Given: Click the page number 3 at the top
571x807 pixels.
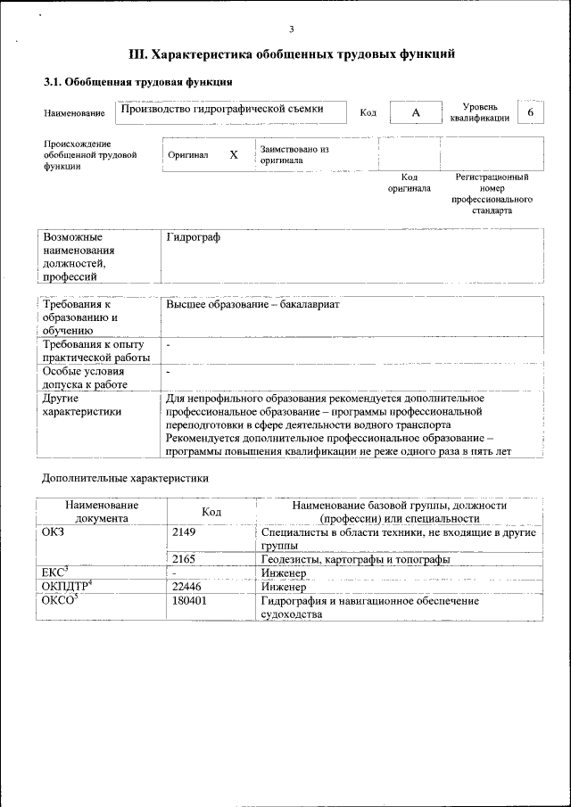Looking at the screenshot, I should (x=291, y=29).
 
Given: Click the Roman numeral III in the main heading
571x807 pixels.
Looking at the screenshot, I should (x=138, y=54).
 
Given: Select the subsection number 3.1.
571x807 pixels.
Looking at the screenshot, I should (x=54, y=82).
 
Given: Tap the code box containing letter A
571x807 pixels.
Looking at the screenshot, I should (x=415, y=113).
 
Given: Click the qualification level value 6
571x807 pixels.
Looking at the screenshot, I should (x=531, y=112).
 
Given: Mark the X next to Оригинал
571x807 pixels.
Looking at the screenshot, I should (x=234, y=154).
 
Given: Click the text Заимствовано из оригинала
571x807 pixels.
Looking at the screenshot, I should (x=294, y=154).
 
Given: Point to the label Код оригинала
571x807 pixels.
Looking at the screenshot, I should (x=409, y=183).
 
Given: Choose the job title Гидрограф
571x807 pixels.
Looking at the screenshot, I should (x=193, y=237).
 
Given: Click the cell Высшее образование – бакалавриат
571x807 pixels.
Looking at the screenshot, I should (x=253, y=305).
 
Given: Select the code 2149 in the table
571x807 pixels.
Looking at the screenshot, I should (x=184, y=532).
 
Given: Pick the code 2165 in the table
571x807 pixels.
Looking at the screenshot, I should (x=184, y=559).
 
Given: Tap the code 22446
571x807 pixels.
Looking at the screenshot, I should (x=186, y=588).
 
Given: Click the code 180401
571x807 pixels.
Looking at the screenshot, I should (x=189, y=602).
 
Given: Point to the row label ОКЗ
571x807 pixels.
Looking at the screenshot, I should (x=54, y=532).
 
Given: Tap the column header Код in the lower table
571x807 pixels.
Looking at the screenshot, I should (x=211, y=511).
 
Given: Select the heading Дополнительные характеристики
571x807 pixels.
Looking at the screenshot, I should (x=125, y=478).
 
